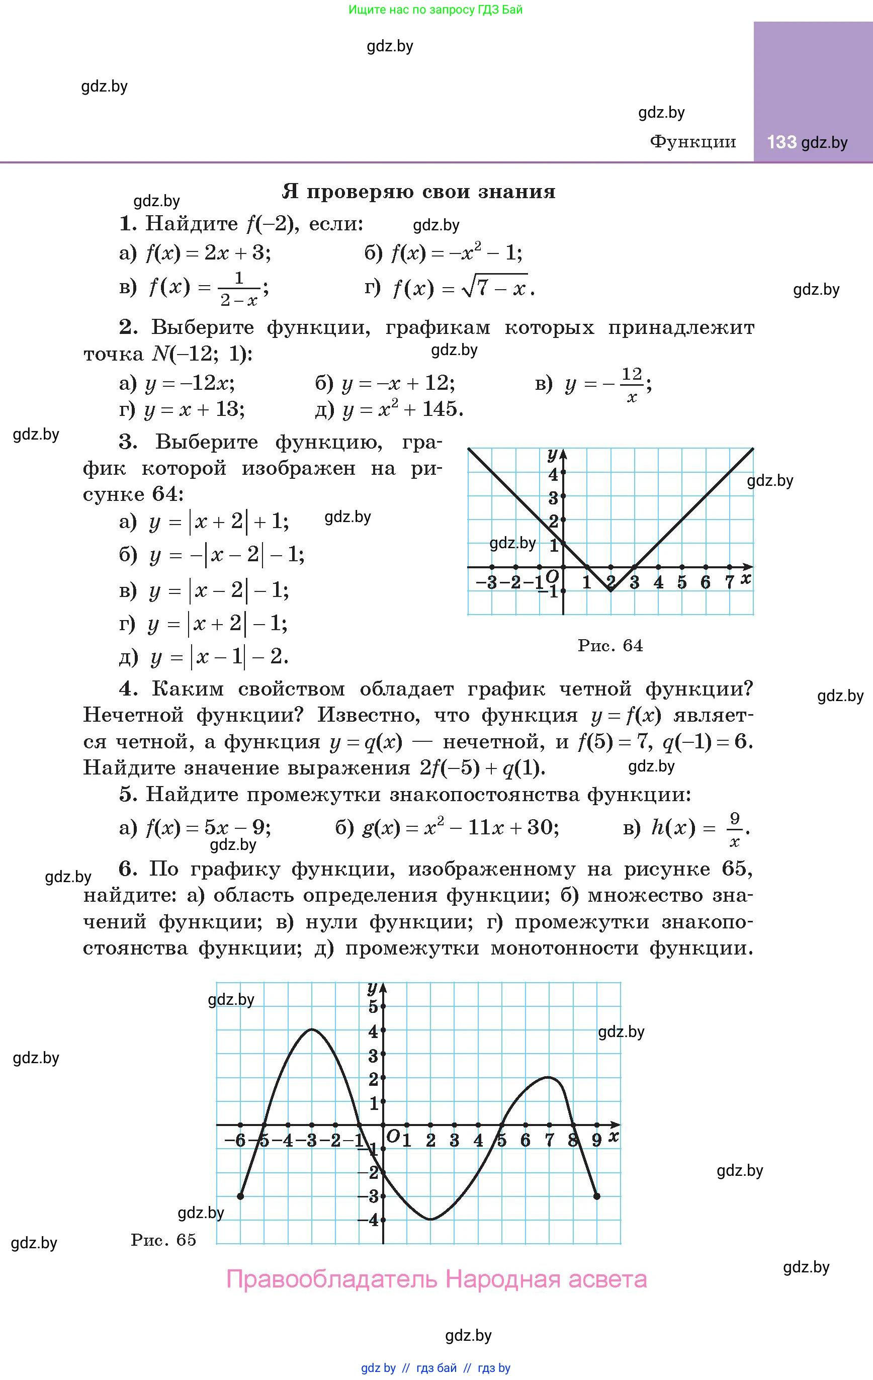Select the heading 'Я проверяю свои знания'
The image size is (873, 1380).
point(418,192)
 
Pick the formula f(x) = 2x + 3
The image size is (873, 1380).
point(208,253)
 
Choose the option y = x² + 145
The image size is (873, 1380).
point(402,409)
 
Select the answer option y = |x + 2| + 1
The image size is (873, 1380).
point(218,521)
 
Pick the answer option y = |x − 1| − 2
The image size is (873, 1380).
point(219,657)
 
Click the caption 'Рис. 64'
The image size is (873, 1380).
point(610,646)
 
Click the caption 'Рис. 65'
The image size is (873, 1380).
point(163,1240)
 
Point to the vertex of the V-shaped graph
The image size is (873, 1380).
point(610,590)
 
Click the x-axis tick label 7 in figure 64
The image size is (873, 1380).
point(729,583)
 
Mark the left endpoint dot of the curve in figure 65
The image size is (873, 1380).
point(240,1196)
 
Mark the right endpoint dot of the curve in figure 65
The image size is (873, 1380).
point(597,1196)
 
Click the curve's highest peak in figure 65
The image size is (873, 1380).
point(311,1029)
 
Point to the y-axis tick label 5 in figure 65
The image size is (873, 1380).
point(373,1006)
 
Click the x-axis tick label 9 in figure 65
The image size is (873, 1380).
point(596,1141)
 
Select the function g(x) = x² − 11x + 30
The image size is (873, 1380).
point(461,827)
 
